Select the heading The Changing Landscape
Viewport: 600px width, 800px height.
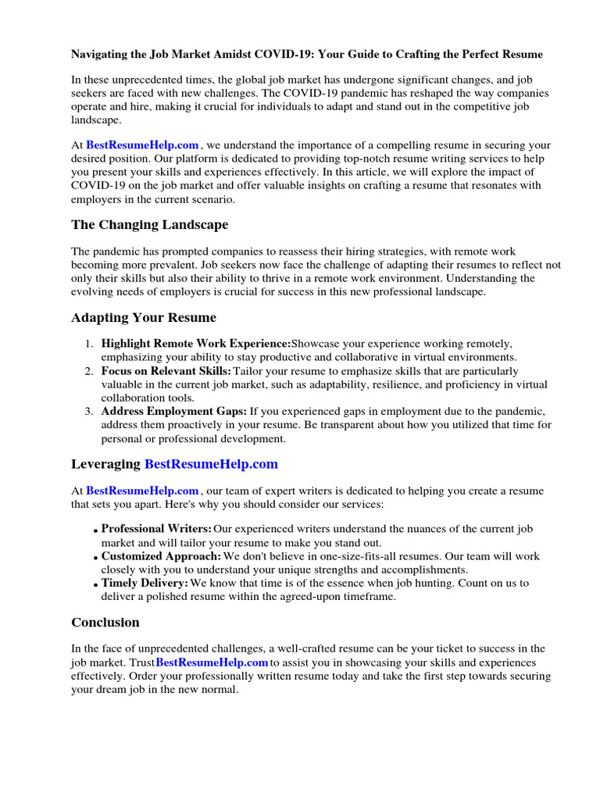click(149, 225)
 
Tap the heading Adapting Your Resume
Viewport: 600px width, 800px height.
click(144, 318)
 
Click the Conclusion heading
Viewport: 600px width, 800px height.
click(105, 623)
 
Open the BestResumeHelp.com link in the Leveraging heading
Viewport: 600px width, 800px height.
click(211, 464)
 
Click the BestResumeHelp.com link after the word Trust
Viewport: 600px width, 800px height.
click(212, 662)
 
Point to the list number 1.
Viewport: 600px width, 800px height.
click(89, 345)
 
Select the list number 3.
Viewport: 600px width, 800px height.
click(89, 412)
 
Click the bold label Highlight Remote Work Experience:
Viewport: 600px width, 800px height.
click(196, 344)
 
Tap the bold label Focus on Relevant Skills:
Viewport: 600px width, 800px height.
click(166, 371)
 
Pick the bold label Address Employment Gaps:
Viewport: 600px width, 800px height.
click(174, 411)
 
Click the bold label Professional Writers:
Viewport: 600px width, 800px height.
click(156, 530)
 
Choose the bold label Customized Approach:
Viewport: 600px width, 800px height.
click(162, 556)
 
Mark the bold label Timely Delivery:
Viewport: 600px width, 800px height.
click(145, 584)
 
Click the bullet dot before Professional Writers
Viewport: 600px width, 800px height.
click(95, 531)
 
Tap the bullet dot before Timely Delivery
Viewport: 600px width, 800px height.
click(95, 585)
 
